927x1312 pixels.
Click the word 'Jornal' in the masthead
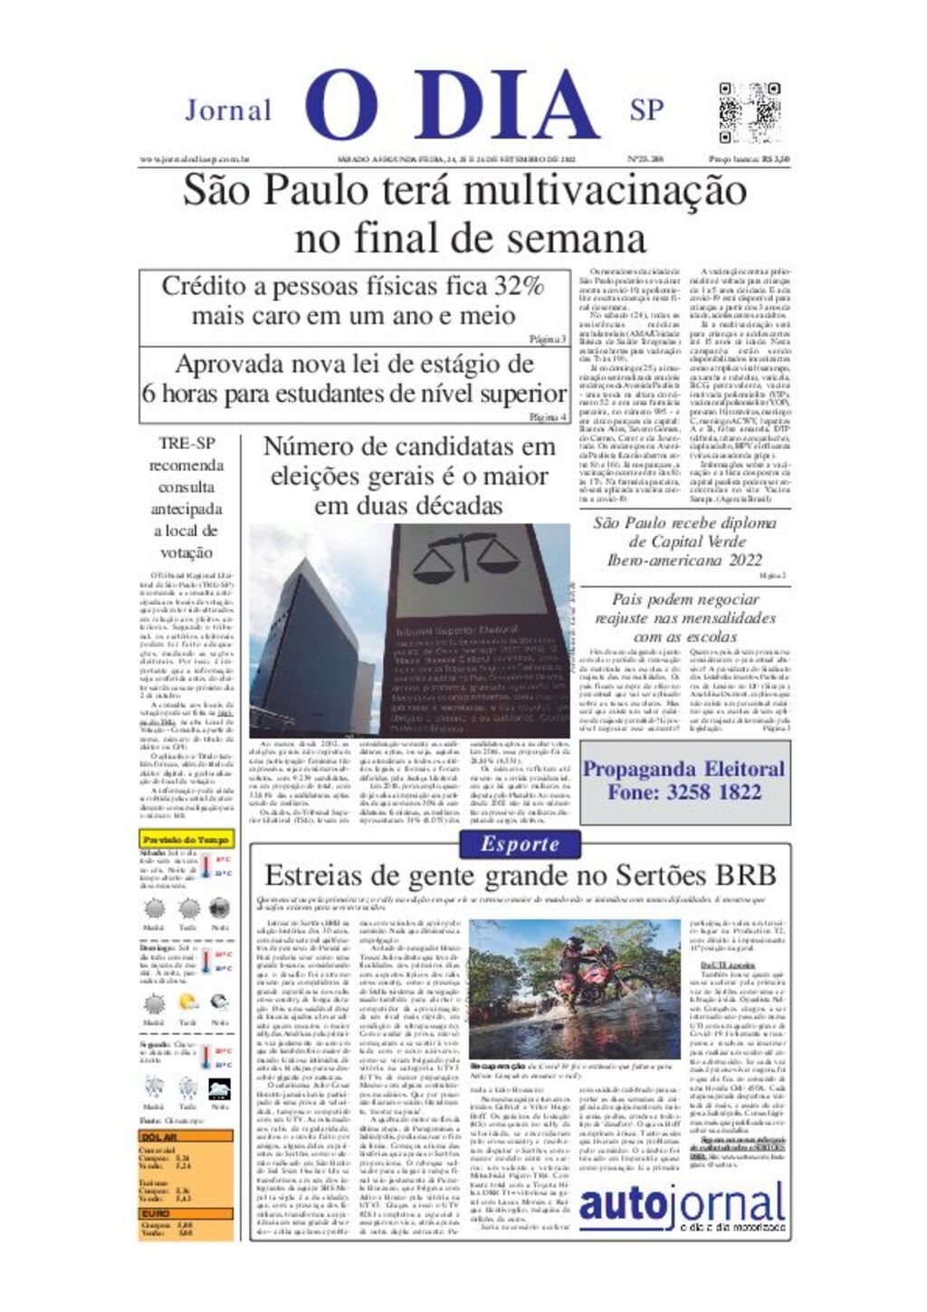[228, 110]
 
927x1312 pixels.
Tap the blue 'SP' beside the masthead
[646, 110]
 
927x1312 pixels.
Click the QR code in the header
[749, 112]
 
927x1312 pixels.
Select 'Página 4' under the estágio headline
[548, 417]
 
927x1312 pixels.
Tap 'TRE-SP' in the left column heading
[186, 444]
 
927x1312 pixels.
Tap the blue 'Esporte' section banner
[520, 844]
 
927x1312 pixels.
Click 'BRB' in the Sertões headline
[745, 876]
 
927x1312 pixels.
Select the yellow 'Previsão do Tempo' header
[186, 839]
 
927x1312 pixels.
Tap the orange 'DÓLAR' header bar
[186, 1136]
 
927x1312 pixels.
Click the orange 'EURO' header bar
[186, 1213]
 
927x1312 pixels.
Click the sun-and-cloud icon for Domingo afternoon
[187, 1002]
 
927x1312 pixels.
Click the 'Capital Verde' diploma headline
[683, 541]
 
